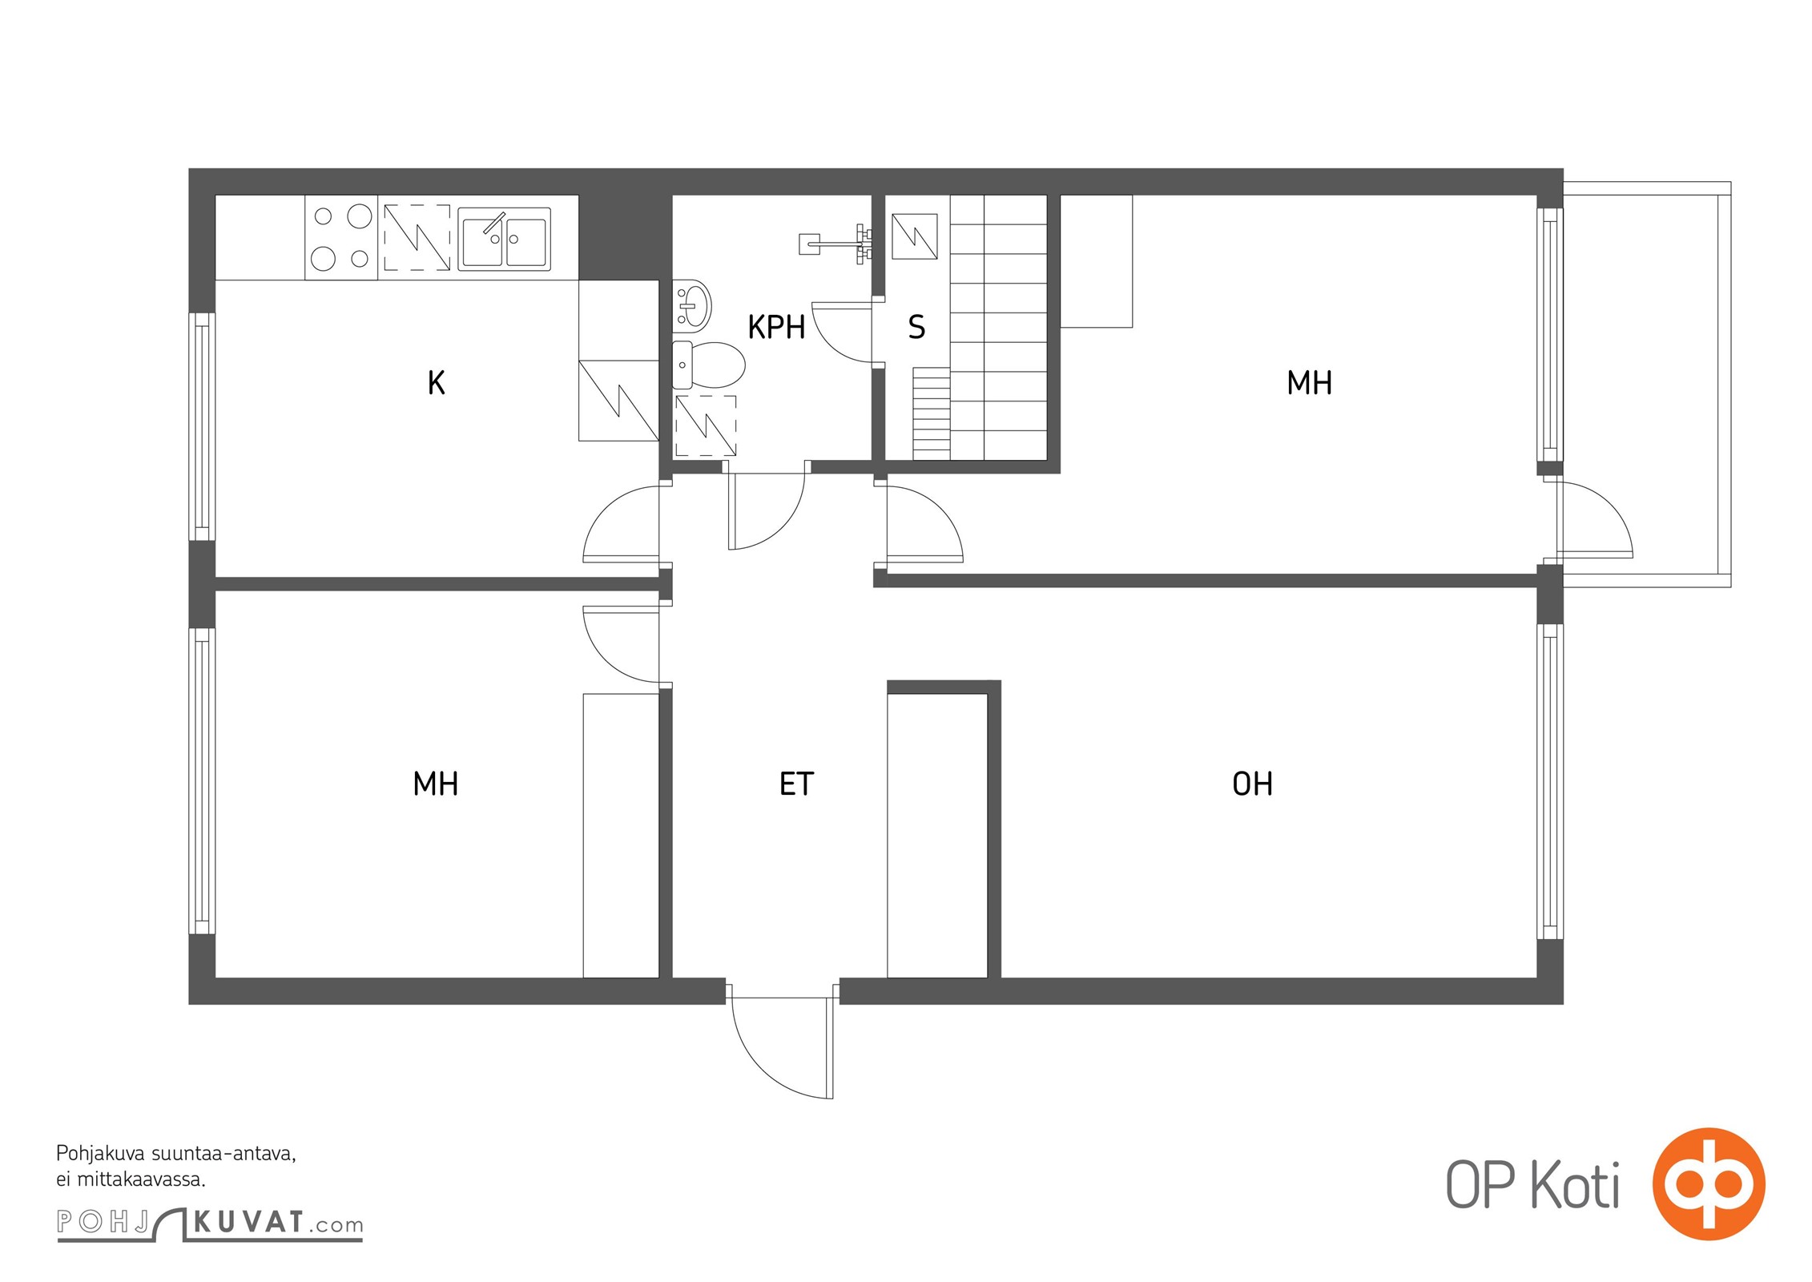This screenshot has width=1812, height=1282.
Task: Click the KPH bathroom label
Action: [775, 327]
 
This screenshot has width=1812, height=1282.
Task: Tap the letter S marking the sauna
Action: [916, 327]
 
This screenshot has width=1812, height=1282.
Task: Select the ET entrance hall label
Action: [796, 784]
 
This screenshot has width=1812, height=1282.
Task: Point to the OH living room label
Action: [1252, 784]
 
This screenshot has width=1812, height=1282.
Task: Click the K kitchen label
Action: [436, 383]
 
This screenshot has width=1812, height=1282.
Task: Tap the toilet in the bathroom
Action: [708, 365]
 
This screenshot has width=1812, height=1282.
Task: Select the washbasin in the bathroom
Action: [691, 304]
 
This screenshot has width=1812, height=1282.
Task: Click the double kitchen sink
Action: [504, 239]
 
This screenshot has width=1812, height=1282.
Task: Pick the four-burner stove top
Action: [341, 237]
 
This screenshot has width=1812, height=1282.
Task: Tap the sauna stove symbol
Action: [914, 236]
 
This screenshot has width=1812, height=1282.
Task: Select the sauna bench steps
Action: [931, 413]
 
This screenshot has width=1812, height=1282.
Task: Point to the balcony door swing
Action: [1593, 518]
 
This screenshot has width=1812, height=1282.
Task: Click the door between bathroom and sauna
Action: [843, 332]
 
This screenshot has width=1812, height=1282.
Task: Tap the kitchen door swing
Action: [622, 522]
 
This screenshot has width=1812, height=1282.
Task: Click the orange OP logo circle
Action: [1709, 1183]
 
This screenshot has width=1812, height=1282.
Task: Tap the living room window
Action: [1550, 781]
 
